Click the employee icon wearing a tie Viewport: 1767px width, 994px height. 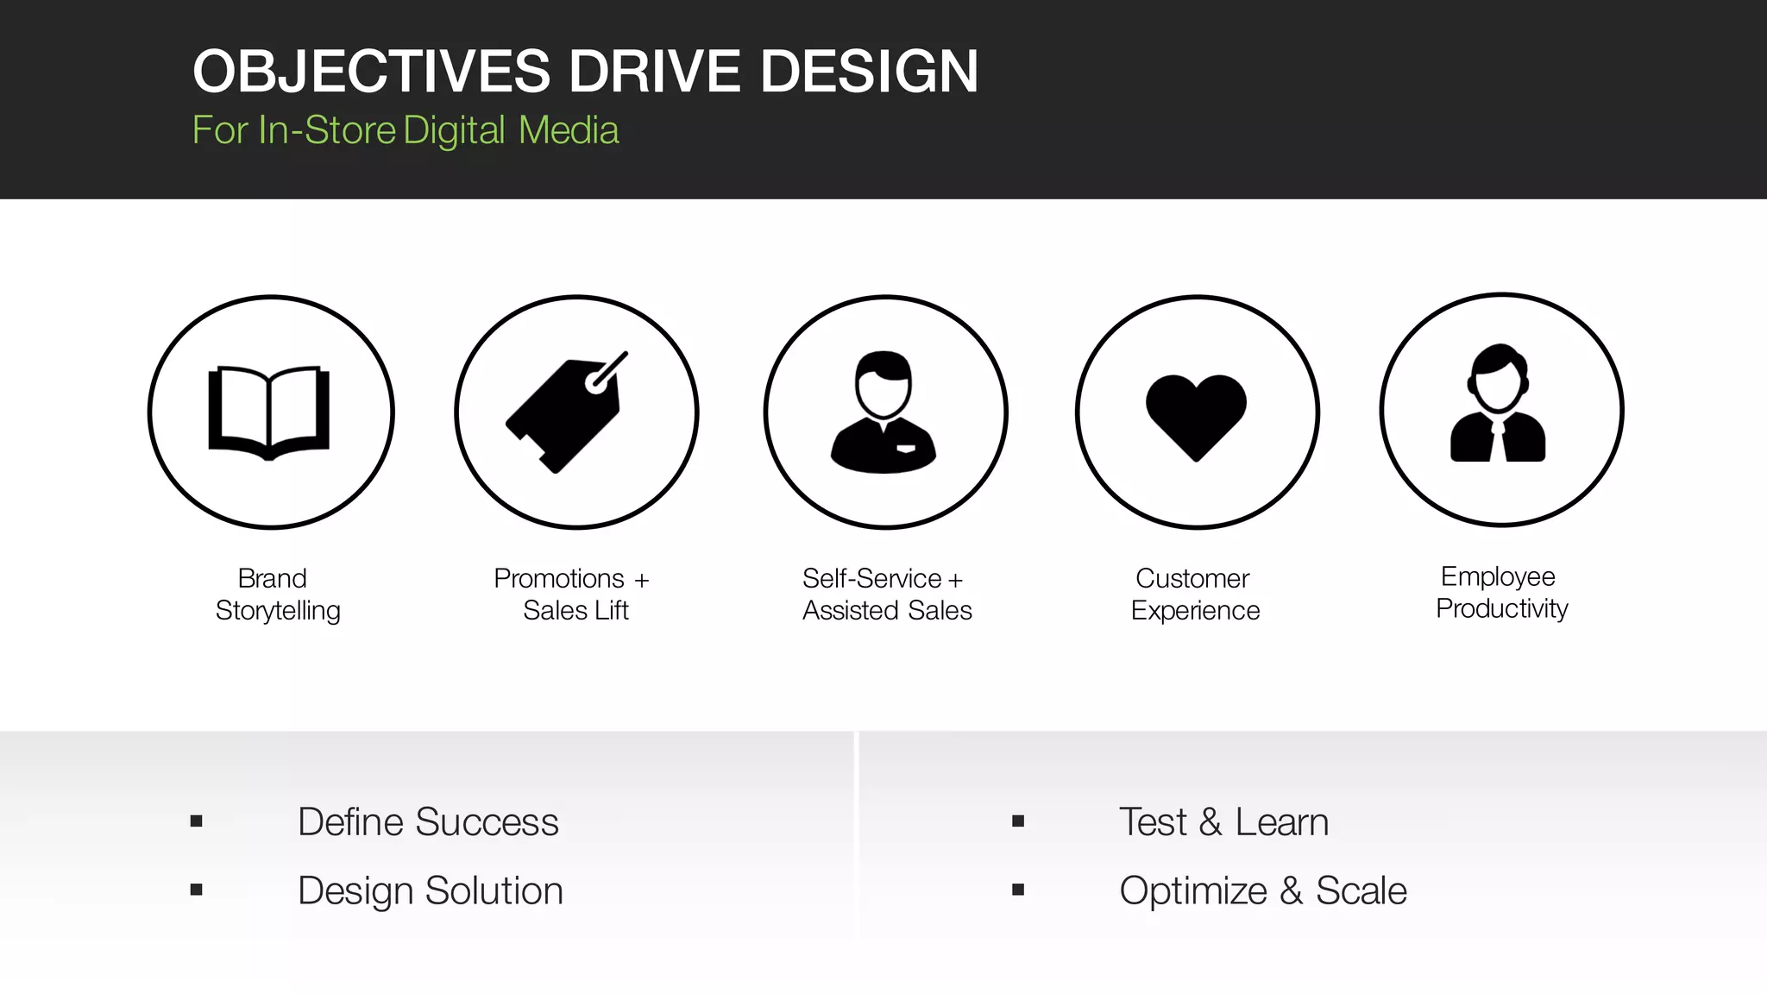pyautogui.click(x=1499, y=406)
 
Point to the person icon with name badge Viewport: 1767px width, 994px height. pyautogui.click(x=883, y=412)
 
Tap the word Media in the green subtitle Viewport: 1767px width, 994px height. pyautogui.click(x=569, y=130)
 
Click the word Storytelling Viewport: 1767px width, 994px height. pyautogui.click(x=278, y=611)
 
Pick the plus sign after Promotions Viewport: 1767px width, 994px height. pyautogui.click(x=641, y=580)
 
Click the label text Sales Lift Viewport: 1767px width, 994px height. pyautogui.click(x=575, y=611)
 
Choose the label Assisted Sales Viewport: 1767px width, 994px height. pyautogui.click(x=887, y=611)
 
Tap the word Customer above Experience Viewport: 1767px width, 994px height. pyautogui.click(x=1192, y=578)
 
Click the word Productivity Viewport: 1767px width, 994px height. pyautogui.click(x=1501, y=609)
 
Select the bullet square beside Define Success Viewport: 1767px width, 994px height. pyautogui.click(x=197, y=821)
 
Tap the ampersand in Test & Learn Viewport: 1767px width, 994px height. pyautogui.click(x=1210, y=822)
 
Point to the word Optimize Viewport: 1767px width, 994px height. pyautogui.click(x=1192, y=891)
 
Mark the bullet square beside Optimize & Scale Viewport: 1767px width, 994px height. pyautogui.click(x=1018, y=890)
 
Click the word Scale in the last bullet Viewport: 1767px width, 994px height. pyautogui.click(x=1361, y=890)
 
